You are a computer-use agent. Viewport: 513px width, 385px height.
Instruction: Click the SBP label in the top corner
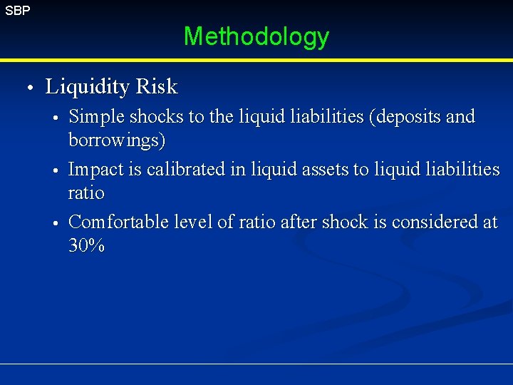17,11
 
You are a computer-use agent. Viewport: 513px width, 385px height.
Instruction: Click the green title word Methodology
256,36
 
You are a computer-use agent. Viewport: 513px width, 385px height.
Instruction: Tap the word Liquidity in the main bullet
88,88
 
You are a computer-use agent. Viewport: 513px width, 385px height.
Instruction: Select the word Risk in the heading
157,87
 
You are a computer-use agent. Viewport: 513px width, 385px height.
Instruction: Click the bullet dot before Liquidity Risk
28,88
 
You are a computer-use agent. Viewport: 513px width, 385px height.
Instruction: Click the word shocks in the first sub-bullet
151,117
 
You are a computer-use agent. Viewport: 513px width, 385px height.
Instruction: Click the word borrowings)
117,141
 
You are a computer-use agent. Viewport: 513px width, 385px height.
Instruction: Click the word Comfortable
117,222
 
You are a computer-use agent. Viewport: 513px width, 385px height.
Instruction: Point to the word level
190,222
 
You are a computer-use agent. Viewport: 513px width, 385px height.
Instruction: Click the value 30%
87,247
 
